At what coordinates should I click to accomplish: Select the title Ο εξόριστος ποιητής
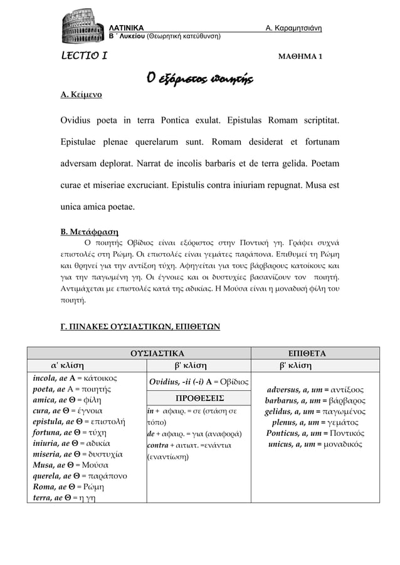pos(199,78)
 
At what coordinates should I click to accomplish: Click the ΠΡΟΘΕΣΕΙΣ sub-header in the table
pos(197,398)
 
